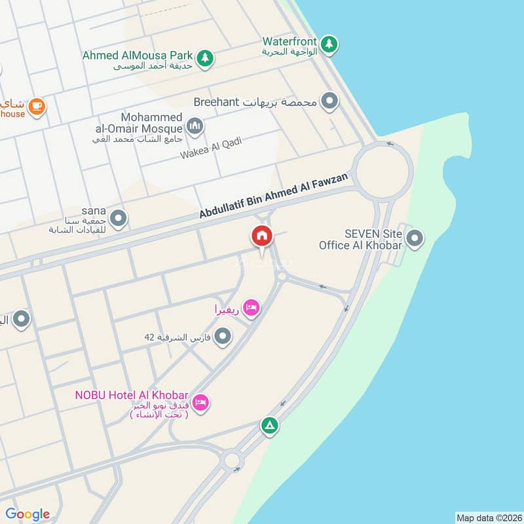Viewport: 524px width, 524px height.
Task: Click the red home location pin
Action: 261,236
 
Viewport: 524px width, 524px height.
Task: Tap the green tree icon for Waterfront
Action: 329,44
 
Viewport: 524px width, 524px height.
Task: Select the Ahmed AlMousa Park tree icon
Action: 206,57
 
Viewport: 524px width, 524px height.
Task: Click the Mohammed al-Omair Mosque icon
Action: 194,125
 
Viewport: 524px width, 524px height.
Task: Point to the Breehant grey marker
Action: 329,102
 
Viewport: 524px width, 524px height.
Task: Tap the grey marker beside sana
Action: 118,218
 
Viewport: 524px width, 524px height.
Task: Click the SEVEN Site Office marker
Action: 414,239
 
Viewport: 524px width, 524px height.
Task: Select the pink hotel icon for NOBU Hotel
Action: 201,402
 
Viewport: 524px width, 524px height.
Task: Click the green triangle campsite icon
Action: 269,426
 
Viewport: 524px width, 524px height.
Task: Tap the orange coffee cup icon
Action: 37,105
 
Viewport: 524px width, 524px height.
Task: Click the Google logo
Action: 28,514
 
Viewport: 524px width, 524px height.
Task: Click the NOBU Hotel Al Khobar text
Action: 131,396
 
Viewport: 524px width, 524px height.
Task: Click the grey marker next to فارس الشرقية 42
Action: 223,337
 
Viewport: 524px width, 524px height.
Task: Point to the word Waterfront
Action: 290,41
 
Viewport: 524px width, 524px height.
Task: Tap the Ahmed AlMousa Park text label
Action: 138,56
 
